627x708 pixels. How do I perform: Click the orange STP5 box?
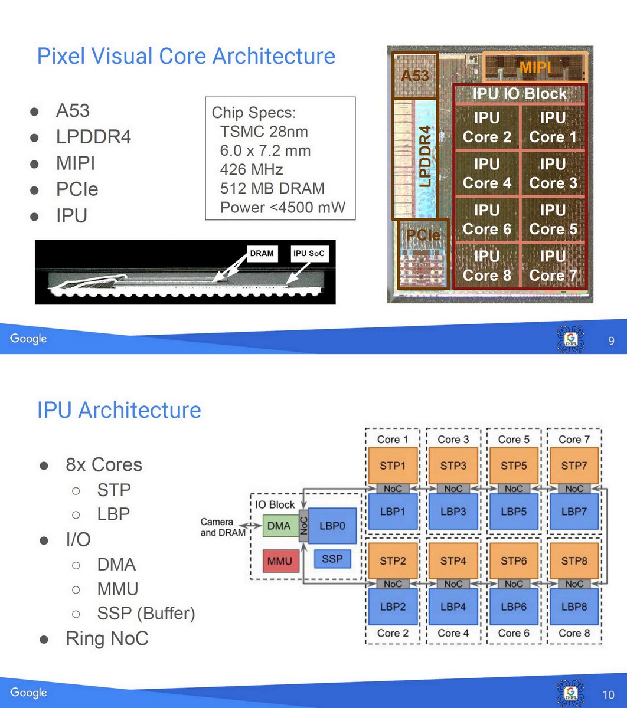513,465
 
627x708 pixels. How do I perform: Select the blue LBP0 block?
332,525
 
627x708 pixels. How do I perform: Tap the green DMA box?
279,525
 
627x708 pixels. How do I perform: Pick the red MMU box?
280,560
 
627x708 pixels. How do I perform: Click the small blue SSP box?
332,558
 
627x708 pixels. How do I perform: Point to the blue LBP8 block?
573,606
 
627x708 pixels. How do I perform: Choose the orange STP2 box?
392,560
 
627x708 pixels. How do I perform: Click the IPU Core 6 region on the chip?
486,219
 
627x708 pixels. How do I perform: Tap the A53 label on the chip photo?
414,75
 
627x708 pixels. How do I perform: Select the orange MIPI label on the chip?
535,68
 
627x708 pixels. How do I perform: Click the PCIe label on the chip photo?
423,235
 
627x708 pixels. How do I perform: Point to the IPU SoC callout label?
309,254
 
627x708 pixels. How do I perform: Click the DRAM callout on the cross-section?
262,254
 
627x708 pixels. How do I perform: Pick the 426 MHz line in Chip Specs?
252,170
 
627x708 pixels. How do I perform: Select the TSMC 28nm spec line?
264,132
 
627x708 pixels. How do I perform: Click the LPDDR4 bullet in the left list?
93,137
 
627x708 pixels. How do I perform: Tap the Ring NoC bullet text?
107,638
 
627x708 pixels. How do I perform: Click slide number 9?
612,341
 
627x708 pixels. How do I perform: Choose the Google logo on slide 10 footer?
28,692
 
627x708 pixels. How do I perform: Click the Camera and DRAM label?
217,527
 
